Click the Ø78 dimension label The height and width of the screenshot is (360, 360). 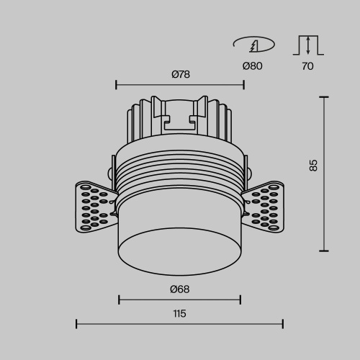coord(180,74)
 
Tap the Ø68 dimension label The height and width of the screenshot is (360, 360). coord(180,289)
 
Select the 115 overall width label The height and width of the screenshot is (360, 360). coord(180,312)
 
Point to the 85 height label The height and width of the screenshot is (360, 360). coord(313,166)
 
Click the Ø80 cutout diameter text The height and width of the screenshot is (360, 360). coord(252,66)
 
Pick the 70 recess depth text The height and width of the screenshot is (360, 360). coord(308,66)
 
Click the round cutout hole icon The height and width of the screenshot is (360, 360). coord(253,45)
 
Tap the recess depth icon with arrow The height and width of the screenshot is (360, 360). coord(308,45)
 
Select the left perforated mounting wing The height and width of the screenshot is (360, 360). coord(91,207)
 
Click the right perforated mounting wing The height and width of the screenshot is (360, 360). coord(267,207)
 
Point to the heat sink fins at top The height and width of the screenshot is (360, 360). coord(180,119)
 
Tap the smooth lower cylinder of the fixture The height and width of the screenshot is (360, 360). coord(180,241)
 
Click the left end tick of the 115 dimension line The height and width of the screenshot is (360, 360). coord(76,324)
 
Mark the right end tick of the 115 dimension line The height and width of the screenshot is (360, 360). coord(283,324)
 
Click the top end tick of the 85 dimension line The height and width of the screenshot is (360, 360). coord(324,97)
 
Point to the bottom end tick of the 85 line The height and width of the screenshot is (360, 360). coord(324,251)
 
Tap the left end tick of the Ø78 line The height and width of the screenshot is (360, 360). coord(116,85)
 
